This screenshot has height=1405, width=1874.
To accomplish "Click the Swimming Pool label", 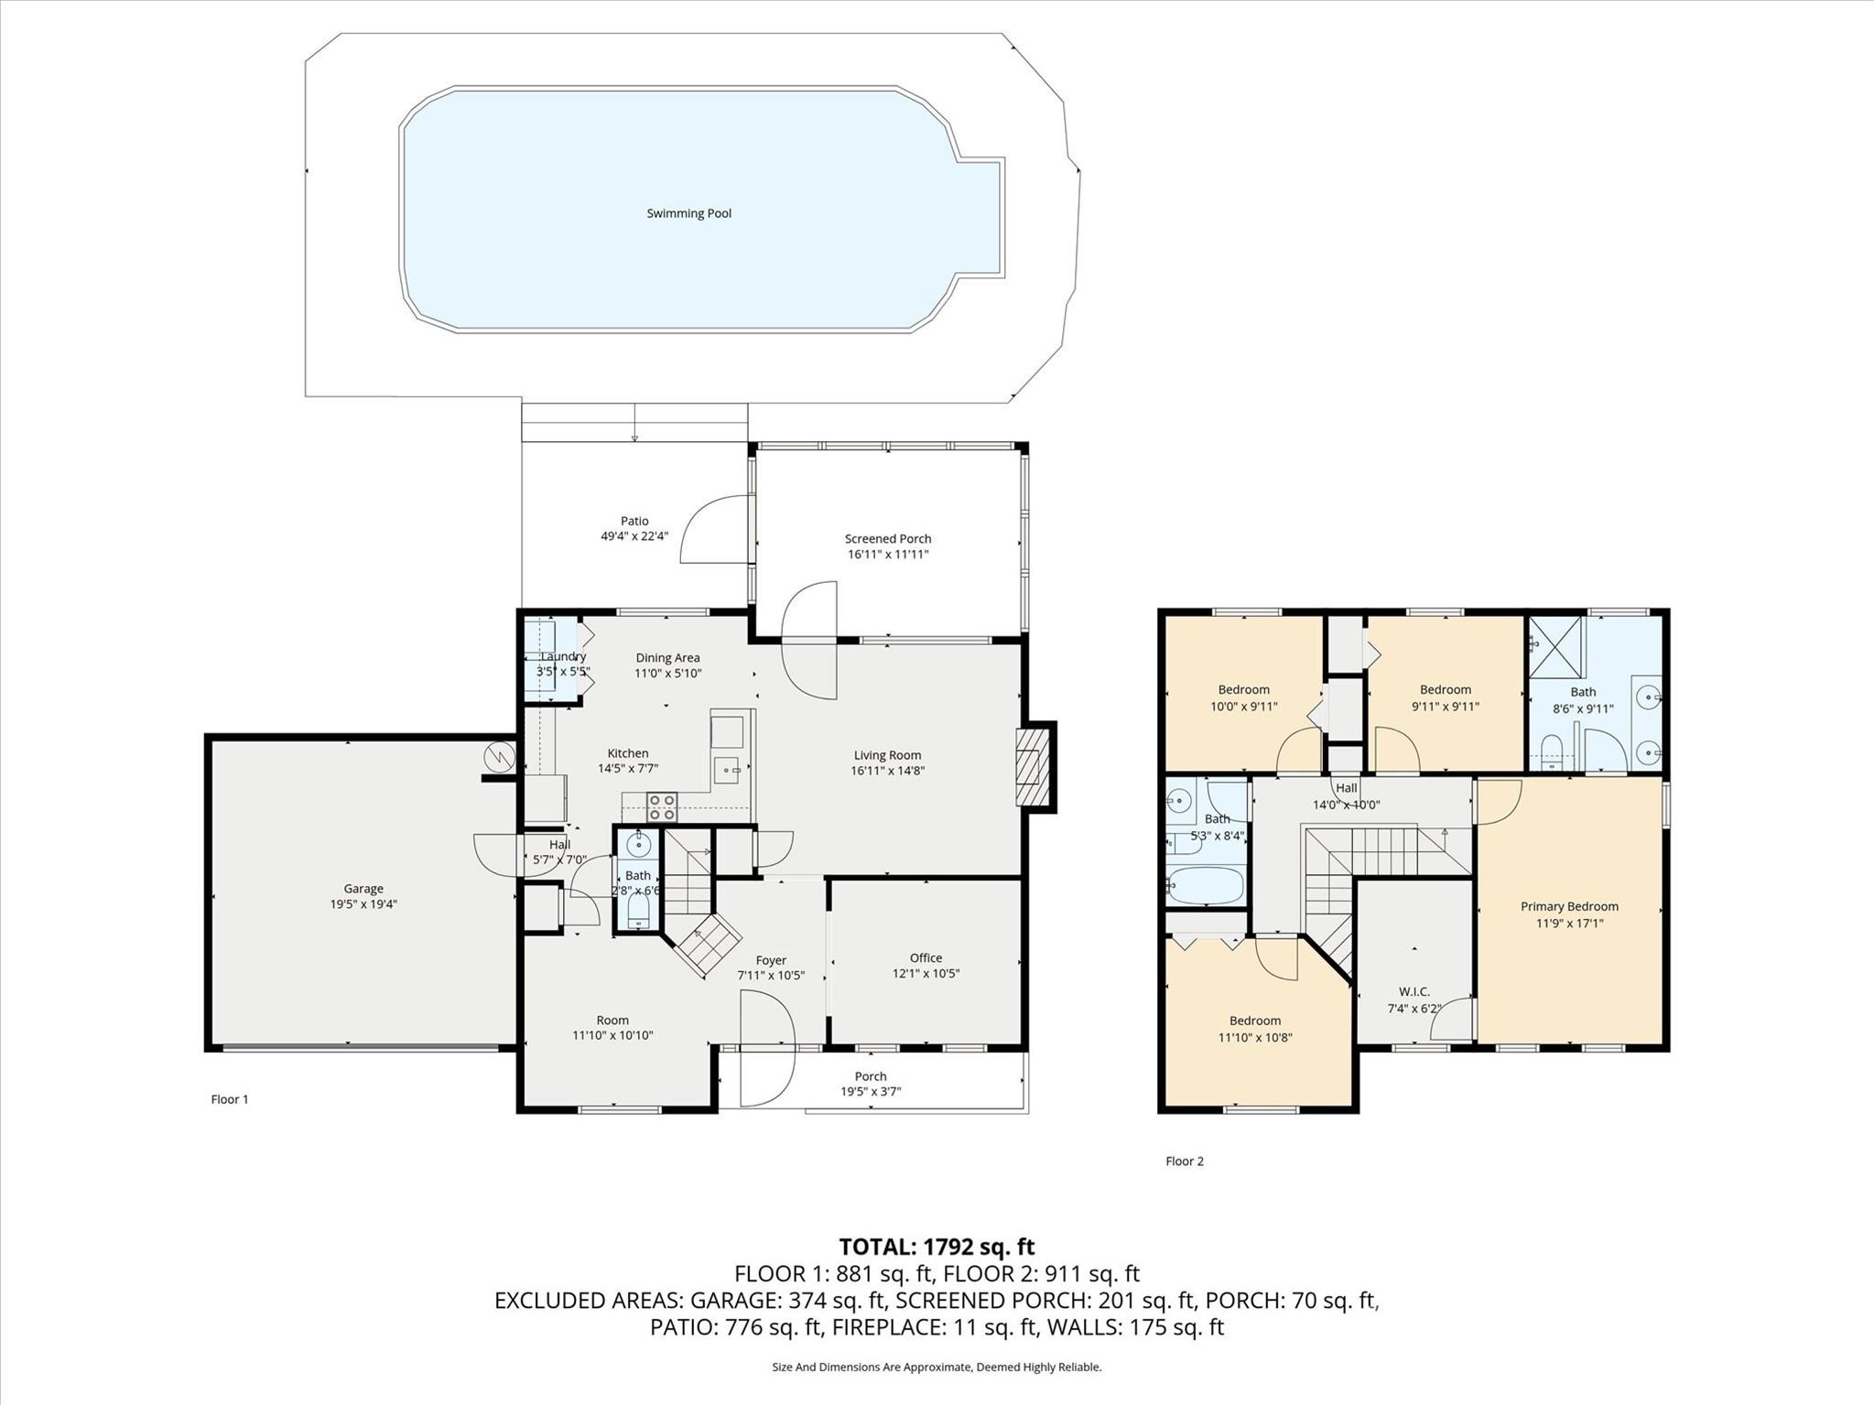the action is point(688,213).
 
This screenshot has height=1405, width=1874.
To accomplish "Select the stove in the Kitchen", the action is point(662,806).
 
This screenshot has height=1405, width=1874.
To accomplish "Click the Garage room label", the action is point(363,888).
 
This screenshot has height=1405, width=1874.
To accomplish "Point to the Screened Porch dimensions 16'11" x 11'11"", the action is point(888,554).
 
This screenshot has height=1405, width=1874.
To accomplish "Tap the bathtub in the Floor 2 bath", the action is point(1206,885).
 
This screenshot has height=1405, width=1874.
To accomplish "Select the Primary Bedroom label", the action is point(1569,906).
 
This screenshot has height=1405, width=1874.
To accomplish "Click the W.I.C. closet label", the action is point(1414,991).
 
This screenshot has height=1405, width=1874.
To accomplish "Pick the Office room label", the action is point(926,957).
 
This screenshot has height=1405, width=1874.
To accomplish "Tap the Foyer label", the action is point(771,960).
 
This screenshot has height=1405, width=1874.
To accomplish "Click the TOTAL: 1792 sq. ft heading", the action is point(937,1246).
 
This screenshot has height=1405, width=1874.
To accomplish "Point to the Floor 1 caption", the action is point(230,1099).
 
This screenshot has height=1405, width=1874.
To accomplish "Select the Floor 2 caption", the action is point(1185,1161).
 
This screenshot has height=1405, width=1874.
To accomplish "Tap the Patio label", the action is point(634,521).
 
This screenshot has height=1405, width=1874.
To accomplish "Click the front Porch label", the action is point(871,1076).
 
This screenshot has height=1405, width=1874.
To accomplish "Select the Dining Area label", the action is point(667,657).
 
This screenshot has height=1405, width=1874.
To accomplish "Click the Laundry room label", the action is point(563,656).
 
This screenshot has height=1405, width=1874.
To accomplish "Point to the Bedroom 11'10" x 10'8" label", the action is point(1255,1021).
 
